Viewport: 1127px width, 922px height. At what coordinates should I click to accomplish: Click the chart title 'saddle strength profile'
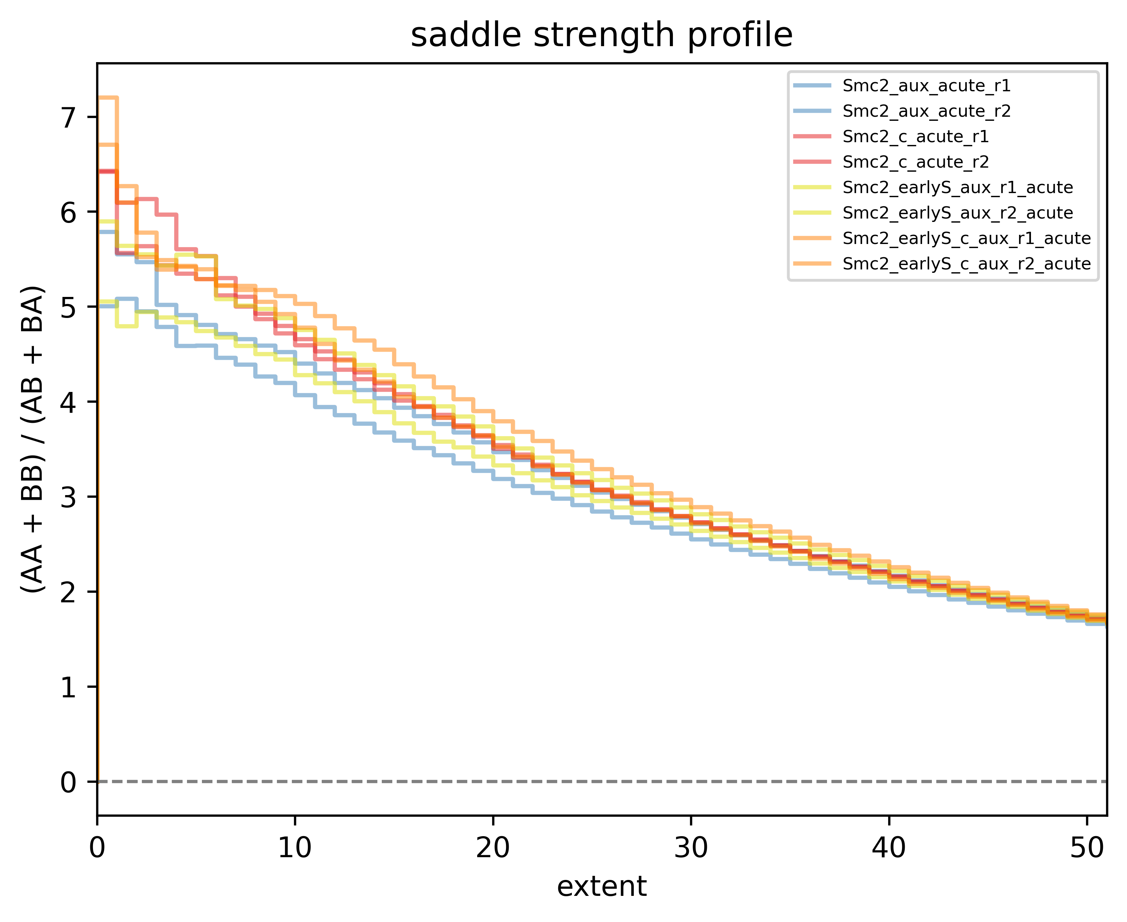(x=601, y=36)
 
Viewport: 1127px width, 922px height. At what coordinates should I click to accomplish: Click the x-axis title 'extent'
(x=601, y=886)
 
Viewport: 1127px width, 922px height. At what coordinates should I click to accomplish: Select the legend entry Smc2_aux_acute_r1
(x=926, y=86)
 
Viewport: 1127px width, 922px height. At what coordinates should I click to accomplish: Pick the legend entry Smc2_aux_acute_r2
(x=926, y=111)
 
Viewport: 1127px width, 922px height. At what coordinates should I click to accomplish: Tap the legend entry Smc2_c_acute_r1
(x=915, y=136)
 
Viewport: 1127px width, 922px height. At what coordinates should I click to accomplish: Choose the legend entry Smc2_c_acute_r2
(x=915, y=162)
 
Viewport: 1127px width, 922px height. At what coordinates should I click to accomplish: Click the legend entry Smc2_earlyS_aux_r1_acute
(x=957, y=187)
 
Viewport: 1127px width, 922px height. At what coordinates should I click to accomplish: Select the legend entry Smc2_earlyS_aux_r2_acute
(x=957, y=213)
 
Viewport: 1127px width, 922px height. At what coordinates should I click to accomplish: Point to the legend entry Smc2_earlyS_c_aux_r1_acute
(x=966, y=239)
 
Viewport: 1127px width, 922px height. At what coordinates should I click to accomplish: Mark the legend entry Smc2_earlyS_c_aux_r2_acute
(x=966, y=264)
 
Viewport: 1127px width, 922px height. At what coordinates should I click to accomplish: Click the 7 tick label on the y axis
(x=69, y=117)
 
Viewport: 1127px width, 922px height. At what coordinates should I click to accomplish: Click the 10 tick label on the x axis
(x=295, y=848)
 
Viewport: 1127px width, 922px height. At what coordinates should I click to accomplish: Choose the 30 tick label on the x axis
(x=691, y=848)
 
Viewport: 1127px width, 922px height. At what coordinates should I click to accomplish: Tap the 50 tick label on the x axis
(x=1087, y=848)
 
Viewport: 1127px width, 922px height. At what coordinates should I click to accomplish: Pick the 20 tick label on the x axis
(x=493, y=848)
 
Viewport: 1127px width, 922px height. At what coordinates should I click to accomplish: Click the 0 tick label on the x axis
(x=97, y=848)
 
